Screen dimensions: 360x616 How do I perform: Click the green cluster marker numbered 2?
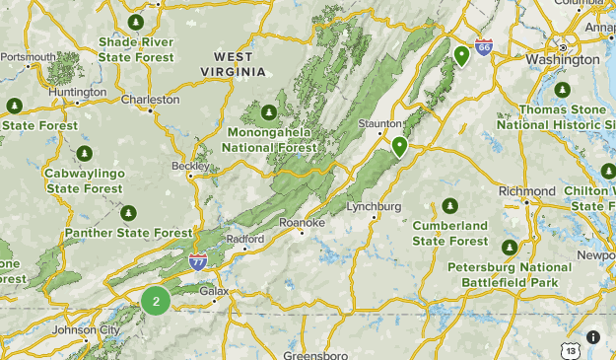(x=156, y=301)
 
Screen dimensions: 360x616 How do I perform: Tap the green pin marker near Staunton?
(x=399, y=147)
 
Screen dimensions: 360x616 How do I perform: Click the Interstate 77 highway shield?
(x=198, y=261)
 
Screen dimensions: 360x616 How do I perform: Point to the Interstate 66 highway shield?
(x=483, y=46)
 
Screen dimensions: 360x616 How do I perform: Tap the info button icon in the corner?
(x=593, y=337)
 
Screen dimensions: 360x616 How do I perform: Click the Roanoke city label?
(x=302, y=223)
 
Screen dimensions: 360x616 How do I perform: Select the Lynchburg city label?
(x=375, y=207)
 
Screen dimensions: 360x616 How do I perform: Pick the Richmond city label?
(x=527, y=190)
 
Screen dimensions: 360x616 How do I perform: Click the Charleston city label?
(x=151, y=100)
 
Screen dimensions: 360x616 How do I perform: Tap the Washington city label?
(x=562, y=59)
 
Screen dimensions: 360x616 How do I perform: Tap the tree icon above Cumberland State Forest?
(x=450, y=205)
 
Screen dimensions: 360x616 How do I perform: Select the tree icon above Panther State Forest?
(x=128, y=213)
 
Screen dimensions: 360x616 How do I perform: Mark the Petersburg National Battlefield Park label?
(x=509, y=274)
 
